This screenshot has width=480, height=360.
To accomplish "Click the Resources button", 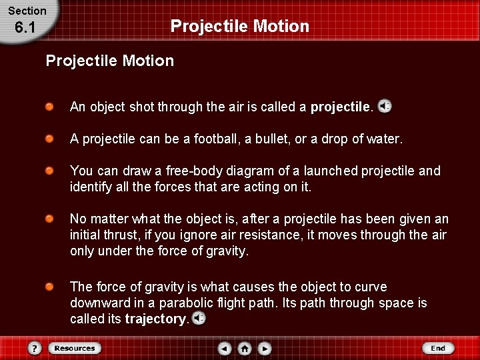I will click(x=74, y=348).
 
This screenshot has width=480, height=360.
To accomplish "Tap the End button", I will click(x=437, y=348).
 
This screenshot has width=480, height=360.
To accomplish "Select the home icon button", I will click(x=245, y=348).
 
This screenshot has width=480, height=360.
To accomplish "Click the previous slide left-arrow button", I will click(x=225, y=348).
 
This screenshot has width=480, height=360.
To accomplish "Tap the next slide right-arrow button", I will click(x=265, y=348).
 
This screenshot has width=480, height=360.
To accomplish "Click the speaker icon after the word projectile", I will click(x=385, y=106).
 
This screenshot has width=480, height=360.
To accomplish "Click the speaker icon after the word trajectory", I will click(x=199, y=319).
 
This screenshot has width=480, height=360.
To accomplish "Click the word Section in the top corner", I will click(x=27, y=11).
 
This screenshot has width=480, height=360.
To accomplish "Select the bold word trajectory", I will click(x=156, y=319).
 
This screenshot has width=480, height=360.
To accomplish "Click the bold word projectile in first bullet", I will click(x=340, y=107).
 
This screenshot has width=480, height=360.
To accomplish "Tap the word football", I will click(x=210, y=139).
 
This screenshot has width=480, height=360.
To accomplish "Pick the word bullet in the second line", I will click(x=269, y=139).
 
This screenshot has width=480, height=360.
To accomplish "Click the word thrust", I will click(x=121, y=235).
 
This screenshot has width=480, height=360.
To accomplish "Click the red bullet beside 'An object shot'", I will click(x=50, y=107).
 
